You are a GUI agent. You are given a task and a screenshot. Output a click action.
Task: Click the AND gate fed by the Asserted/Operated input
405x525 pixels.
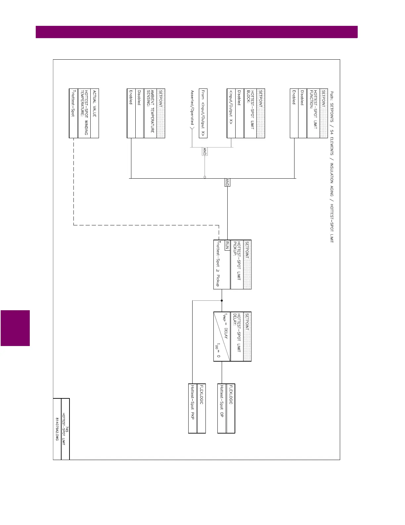tap(204, 151)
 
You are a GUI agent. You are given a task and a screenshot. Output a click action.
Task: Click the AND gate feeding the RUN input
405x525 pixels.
tap(227, 182)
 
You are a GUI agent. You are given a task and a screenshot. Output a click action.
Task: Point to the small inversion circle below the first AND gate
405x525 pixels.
tap(205, 177)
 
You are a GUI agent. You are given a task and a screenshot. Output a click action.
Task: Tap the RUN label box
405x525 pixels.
tap(227, 245)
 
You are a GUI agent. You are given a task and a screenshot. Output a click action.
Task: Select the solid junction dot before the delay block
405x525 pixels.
tap(222, 301)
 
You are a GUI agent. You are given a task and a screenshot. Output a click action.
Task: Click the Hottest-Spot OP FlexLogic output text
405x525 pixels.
tap(222, 401)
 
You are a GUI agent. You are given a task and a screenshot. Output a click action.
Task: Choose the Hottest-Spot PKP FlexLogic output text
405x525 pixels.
tap(193, 402)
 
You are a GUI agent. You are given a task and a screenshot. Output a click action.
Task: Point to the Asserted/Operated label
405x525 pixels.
tap(192, 107)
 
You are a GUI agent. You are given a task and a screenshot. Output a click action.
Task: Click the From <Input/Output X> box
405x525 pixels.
tap(203, 113)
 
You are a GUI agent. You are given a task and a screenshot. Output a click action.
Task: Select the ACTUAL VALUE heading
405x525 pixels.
tap(95, 103)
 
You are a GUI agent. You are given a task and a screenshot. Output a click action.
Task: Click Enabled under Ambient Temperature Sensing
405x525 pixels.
tap(131, 97)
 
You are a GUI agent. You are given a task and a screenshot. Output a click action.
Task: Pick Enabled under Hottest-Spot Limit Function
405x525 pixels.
tap(294, 97)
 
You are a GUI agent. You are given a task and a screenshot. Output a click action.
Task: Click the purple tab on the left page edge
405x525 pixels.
tap(15, 328)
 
